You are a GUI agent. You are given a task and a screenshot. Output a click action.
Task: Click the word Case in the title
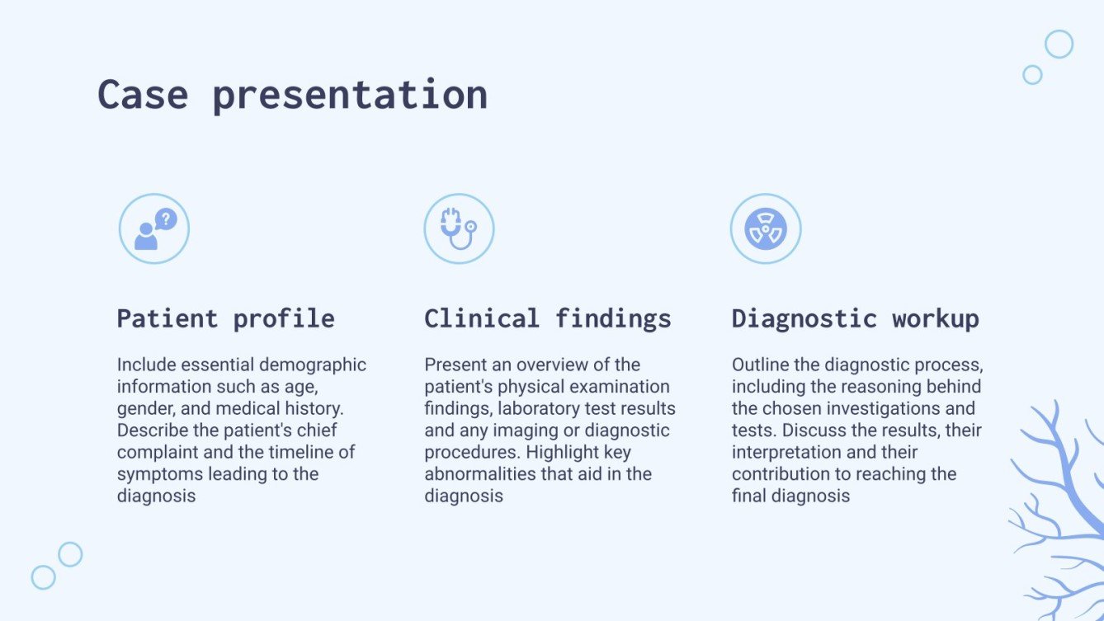(x=143, y=95)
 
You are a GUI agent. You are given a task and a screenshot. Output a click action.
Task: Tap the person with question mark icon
(x=154, y=228)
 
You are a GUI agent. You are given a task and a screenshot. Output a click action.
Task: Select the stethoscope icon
(x=459, y=228)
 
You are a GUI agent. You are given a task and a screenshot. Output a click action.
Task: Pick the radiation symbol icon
(x=766, y=228)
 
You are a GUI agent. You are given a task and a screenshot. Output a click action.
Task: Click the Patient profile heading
(x=225, y=318)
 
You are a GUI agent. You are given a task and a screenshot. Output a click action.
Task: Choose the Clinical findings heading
(x=548, y=318)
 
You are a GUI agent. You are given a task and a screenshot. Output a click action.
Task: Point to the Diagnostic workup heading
(x=856, y=318)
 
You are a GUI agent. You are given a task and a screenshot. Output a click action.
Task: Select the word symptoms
(x=156, y=474)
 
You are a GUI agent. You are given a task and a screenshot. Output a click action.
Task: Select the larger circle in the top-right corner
(x=1059, y=44)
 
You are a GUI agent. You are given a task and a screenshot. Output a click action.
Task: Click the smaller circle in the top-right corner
(x=1032, y=75)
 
